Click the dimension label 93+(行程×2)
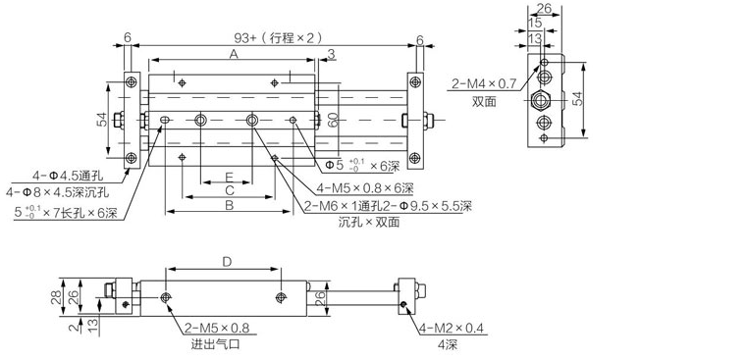pos(273,37)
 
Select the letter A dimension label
pos(233,56)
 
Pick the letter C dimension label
pos(229,189)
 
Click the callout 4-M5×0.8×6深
pos(365,189)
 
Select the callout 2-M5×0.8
pos(217,329)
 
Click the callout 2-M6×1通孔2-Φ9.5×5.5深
pos(389,206)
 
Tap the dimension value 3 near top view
pos(332,53)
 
